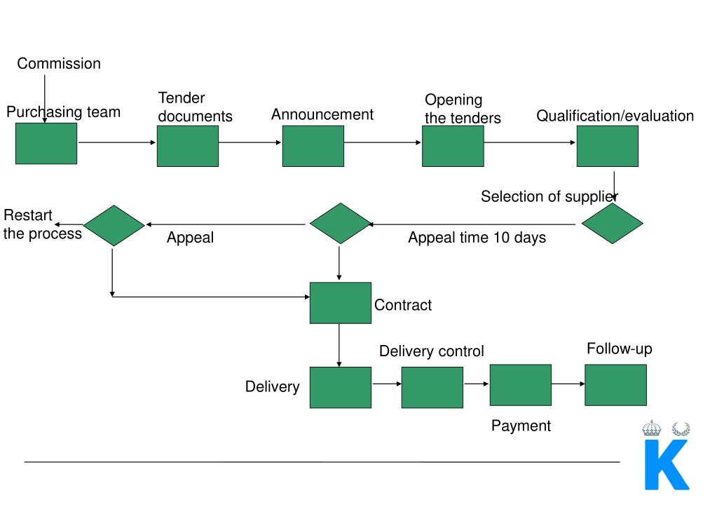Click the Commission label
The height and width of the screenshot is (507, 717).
[59, 64]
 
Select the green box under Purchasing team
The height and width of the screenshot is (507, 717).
[46, 144]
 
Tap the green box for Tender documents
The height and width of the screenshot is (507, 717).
[188, 146]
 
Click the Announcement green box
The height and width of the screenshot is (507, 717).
[313, 146]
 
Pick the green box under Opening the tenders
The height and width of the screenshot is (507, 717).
[453, 146]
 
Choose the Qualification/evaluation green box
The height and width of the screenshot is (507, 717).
[607, 146]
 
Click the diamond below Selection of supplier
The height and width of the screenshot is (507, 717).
[613, 224]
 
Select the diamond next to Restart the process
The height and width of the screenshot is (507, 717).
[114, 225]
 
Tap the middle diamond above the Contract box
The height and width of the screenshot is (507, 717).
[340, 224]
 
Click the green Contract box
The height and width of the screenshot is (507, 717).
[341, 303]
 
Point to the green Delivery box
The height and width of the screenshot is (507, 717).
[341, 387]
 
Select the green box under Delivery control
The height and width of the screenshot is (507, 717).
[432, 387]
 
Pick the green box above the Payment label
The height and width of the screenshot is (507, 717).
[520, 385]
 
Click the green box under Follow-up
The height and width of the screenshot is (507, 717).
[615, 385]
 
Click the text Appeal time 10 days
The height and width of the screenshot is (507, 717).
[477, 238]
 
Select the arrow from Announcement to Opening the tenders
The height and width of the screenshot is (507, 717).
[383, 142]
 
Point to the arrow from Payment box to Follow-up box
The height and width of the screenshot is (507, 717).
[568, 384]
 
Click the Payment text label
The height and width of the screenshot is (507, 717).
[521, 426]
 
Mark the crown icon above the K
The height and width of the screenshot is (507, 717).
[652, 428]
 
